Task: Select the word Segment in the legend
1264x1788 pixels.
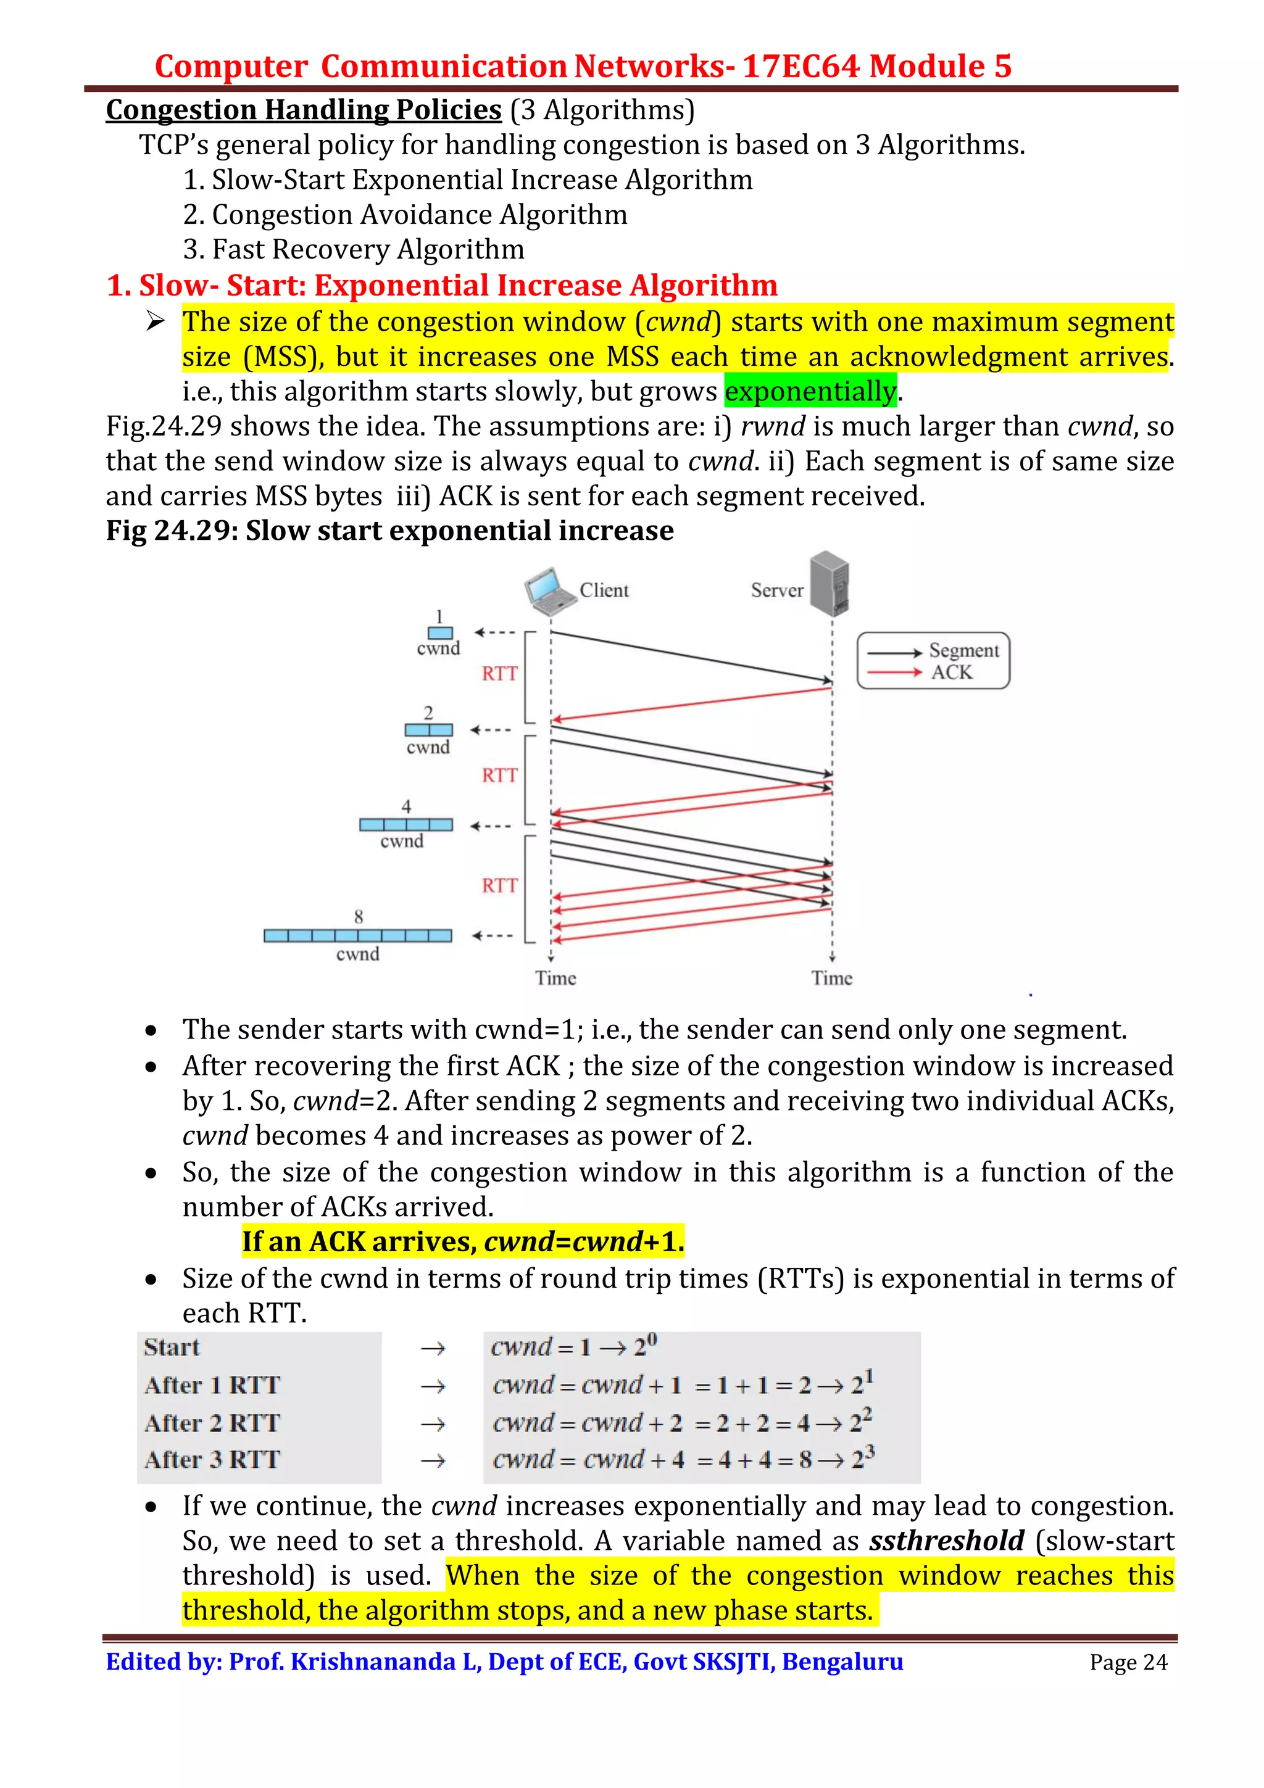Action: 963,650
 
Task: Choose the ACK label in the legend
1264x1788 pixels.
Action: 952,672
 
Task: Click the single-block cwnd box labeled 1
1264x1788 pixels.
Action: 440,633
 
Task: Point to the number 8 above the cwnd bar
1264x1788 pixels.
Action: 358,917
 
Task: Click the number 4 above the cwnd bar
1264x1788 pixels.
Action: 405,806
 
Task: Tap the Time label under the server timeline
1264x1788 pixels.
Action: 832,978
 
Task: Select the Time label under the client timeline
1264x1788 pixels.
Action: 555,978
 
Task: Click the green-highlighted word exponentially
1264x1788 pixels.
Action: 810,391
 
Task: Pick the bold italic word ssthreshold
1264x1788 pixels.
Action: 946,1541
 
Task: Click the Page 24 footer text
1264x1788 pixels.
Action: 1128,1662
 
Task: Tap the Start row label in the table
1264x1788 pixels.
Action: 172,1347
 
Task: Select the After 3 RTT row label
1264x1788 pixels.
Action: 212,1459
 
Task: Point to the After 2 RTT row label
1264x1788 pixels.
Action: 212,1423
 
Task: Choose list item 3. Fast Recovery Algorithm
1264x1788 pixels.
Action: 354,249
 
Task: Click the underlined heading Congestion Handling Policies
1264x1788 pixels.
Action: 304,110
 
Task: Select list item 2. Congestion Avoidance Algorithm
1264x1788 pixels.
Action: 405,214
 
